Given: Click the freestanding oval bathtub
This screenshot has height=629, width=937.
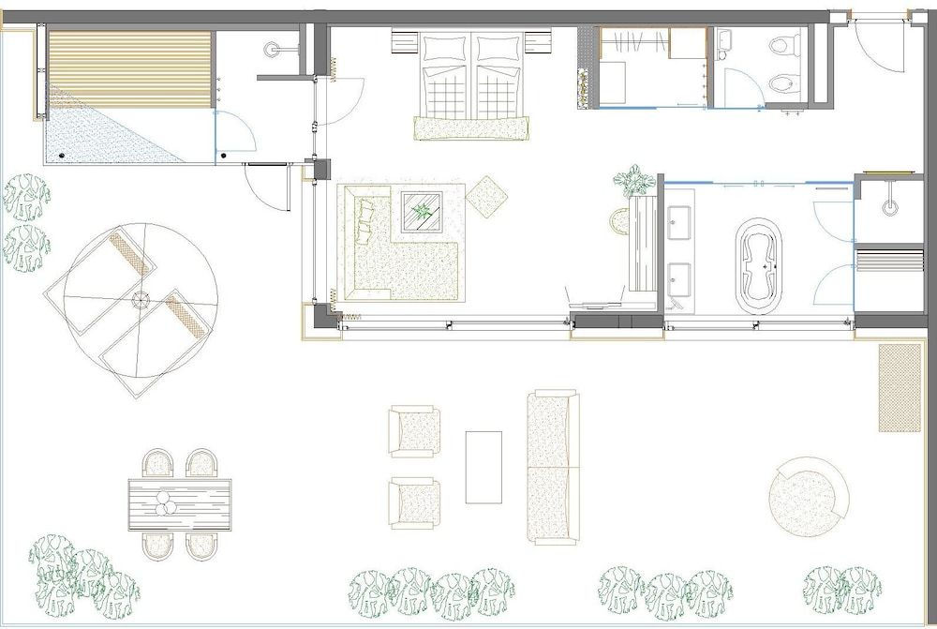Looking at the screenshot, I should pos(760,265).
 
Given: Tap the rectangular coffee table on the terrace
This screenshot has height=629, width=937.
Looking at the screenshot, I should pos(483,466).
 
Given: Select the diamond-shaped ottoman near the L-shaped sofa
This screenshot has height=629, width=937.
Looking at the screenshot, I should pos(486,197).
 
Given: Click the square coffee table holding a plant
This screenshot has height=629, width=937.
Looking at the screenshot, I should pos(424,211).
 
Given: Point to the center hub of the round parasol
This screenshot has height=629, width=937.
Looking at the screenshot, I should pos(141,300).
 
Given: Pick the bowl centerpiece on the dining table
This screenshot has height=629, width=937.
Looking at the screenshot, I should pos(166,503).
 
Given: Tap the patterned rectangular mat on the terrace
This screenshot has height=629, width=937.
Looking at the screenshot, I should pos(900,387).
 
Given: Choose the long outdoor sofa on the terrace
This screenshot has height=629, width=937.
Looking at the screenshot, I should pos(553,467).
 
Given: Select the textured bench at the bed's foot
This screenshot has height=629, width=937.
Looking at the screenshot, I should pos(471,127).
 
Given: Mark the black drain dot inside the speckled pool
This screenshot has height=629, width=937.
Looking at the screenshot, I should pos(62,155).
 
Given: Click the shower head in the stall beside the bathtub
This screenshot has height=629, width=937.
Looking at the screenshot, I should pos(889,205).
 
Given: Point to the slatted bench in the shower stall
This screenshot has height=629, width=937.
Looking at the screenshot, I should pos(889,258).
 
